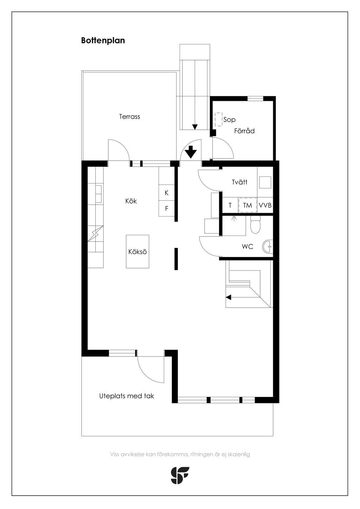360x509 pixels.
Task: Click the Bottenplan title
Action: coord(103,40)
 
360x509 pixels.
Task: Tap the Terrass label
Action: coord(129,117)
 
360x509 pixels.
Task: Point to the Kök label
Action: coord(131,201)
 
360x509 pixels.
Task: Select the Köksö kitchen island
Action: coord(137,252)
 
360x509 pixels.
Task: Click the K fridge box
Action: coord(166,193)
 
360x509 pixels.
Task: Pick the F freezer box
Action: coord(166,208)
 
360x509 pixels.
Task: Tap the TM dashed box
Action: coord(247,205)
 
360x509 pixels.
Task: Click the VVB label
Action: coord(265,205)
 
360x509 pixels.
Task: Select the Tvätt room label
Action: coord(239,182)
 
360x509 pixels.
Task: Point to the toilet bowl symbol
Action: coord(255,224)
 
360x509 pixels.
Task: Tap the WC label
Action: coord(247,246)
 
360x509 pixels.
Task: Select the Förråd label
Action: coord(244,131)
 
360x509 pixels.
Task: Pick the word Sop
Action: coord(229,120)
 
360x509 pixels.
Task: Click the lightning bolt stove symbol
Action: coord(96,233)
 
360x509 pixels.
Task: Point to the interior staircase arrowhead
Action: coord(229,297)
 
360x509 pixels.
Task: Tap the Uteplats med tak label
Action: coord(127,396)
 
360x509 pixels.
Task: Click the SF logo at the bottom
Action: coord(180,475)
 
